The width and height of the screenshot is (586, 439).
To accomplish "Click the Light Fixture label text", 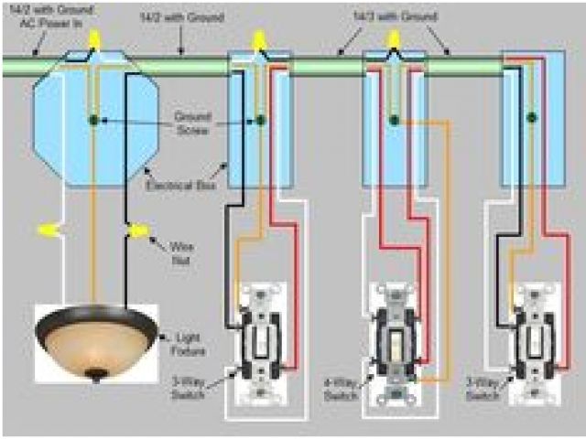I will [x=188, y=343].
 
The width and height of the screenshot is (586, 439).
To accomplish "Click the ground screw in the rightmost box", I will [x=530, y=117].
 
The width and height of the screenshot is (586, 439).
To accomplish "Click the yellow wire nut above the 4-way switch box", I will [x=395, y=39].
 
